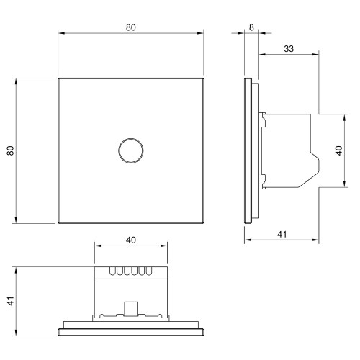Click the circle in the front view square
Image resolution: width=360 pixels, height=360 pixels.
pyautogui.click(x=131, y=139)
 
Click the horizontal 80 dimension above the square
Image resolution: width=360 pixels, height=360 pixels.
pyautogui.click(x=131, y=27)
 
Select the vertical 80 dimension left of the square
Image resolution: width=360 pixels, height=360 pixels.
pyautogui.click(x=11, y=150)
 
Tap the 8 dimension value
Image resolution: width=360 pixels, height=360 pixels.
pyautogui.click(x=251, y=27)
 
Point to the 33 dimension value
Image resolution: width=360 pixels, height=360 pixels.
pyautogui.click(x=289, y=49)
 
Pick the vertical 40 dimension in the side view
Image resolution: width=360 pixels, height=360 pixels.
pyautogui.click(x=338, y=150)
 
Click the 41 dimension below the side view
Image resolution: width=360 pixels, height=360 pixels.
pyautogui.click(x=282, y=234)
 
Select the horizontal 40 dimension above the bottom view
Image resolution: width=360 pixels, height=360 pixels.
pyautogui.click(x=131, y=240)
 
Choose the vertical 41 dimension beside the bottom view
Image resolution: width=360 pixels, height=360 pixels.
pyautogui.click(x=11, y=301)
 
